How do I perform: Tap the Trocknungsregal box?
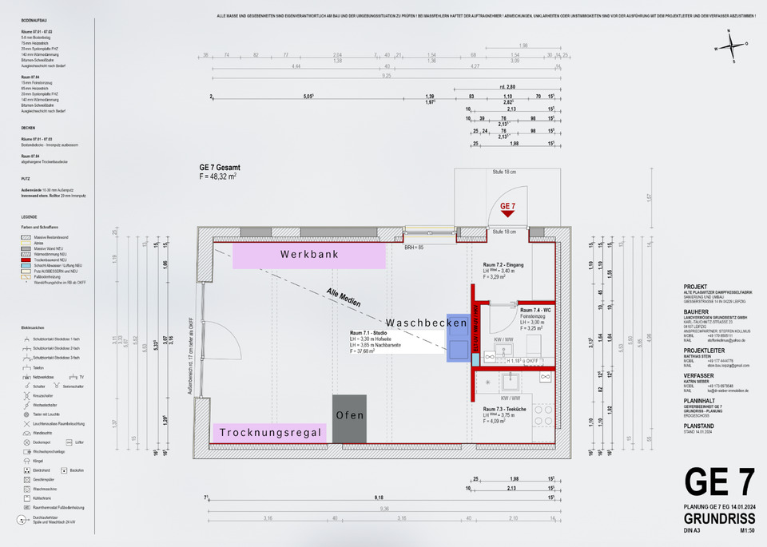point(269,434)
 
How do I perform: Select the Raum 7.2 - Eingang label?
point(503,264)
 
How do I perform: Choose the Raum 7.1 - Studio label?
point(368,332)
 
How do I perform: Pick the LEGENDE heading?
point(30,217)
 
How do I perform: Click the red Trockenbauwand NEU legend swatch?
point(26,261)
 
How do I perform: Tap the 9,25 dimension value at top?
point(387,75)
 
